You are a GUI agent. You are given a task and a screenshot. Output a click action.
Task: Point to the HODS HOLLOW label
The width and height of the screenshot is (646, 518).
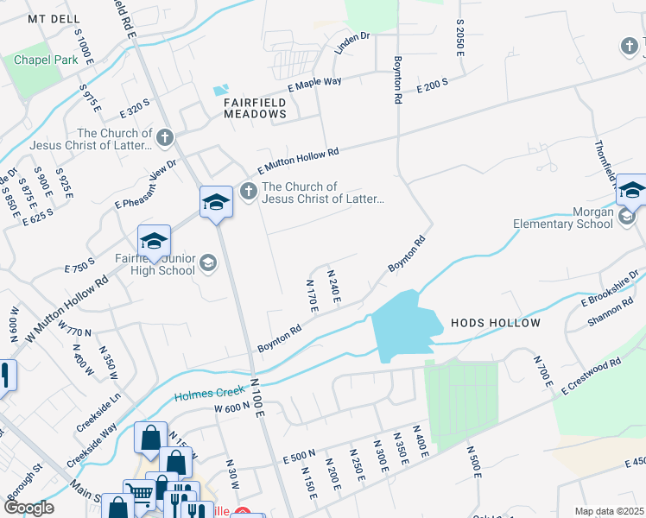pyautogui.click(x=496, y=323)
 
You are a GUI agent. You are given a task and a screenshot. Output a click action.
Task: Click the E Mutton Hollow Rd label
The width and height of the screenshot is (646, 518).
pyautogui.click(x=297, y=161)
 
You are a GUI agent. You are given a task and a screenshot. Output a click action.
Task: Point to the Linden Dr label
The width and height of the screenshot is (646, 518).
pyautogui.click(x=351, y=43)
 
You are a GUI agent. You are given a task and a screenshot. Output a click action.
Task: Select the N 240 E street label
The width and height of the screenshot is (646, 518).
pyautogui.click(x=333, y=286)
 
